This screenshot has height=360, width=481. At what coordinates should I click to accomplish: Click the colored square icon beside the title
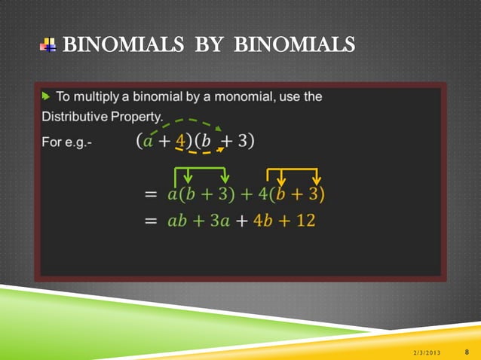pyautogui.click(x=47, y=46)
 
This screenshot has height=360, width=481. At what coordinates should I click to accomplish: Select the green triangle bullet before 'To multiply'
pyautogui.click(x=46, y=96)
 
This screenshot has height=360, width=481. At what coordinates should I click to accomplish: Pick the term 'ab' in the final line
pyautogui.click(x=177, y=221)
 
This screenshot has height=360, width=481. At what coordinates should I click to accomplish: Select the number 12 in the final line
pyautogui.click(x=305, y=221)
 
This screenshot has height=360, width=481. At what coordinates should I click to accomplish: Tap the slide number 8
pyautogui.click(x=467, y=352)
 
